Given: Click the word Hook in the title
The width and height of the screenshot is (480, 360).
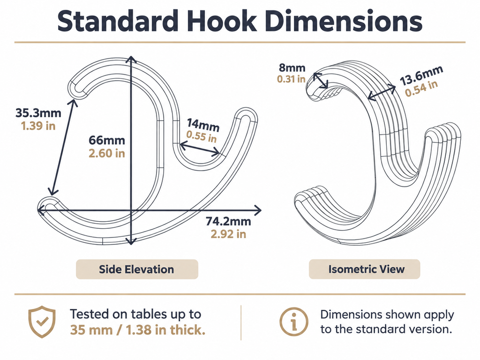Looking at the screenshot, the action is (x=222, y=21).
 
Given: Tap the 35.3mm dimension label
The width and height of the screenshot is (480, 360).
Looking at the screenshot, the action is (x=38, y=113).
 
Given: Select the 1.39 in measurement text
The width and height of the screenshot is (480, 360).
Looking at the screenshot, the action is (x=38, y=126).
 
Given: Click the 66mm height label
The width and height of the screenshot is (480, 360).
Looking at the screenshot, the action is (x=107, y=140).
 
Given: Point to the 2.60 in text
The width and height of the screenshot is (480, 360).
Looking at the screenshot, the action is (x=107, y=153).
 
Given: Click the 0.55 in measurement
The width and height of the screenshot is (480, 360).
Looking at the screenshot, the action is (x=202, y=136).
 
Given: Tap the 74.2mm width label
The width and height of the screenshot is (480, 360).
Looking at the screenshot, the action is (x=228, y=221).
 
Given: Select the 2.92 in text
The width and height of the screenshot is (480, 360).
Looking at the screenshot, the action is (x=228, y=234).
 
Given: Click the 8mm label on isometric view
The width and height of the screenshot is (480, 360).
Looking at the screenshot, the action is (x=292, y=67).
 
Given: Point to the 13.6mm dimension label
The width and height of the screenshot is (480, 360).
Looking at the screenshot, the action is (x=421, y=75).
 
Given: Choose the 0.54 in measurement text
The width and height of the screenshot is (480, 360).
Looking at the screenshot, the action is (x=421, y=89).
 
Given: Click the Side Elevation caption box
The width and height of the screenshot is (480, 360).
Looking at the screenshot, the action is (x=137, y=269).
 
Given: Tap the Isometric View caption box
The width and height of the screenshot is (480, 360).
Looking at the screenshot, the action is (x=364, y=269).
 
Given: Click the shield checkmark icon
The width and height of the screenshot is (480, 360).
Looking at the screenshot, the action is (x=42, y=322).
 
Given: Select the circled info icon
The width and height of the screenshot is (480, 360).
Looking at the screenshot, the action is (x=294, y=322).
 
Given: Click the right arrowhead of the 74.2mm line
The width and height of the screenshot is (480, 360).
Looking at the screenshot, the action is (x=258, y=210).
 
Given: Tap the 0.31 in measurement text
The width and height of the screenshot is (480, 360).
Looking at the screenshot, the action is (x=291, y=79).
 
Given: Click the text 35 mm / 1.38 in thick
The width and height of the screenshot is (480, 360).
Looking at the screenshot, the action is (x=137, y=330).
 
